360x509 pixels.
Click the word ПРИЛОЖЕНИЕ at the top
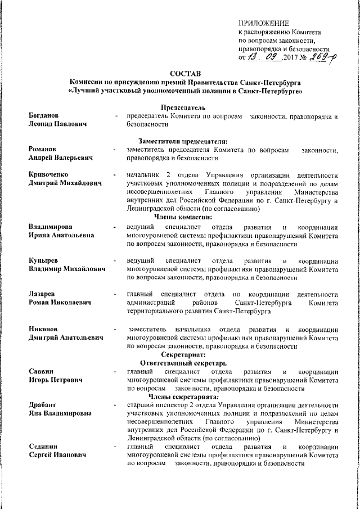click(264, 23)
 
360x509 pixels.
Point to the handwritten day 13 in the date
click(254, 56)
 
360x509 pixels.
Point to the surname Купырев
click(45, 261)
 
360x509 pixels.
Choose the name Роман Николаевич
click(60, 303)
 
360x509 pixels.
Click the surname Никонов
click(45, 328)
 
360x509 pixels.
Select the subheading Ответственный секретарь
click(183, 363)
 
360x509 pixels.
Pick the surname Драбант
click(44, 406)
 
